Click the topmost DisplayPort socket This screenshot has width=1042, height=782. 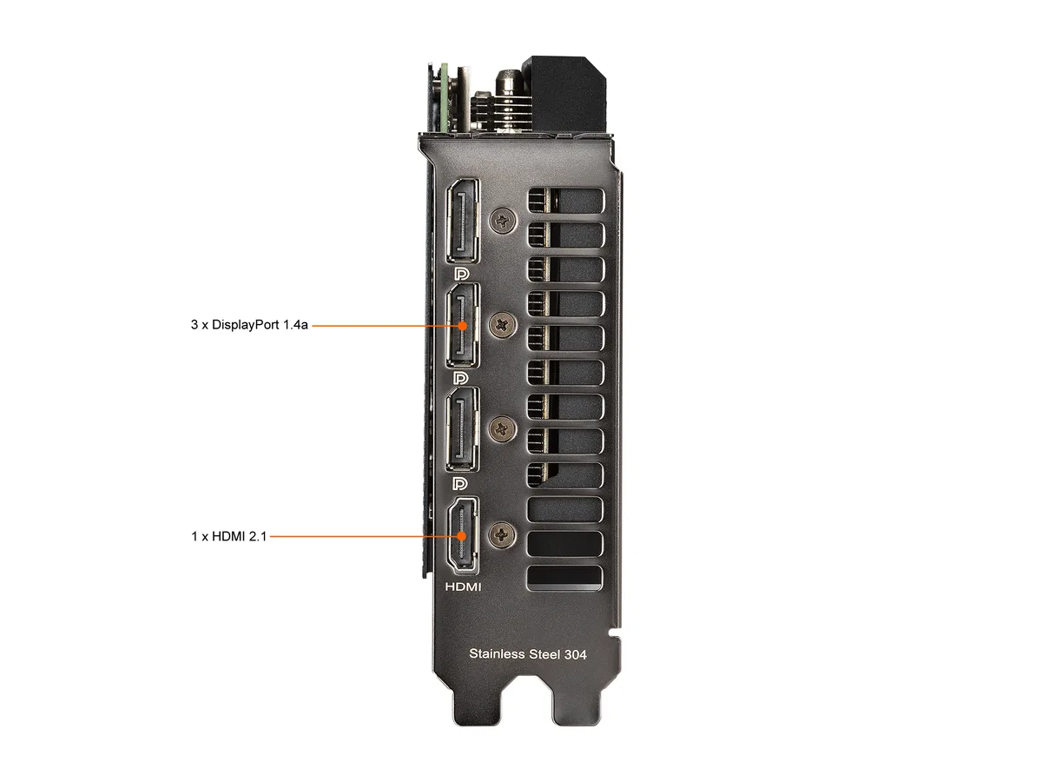point(463,221)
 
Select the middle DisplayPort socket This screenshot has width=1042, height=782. point(463,325)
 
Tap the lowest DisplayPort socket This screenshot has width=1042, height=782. point(462,430)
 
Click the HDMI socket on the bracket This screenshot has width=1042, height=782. point(462,535)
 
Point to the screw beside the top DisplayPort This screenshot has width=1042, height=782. point(503,221)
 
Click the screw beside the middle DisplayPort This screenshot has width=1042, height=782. point(503,325)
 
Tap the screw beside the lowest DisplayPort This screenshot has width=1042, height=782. point(502,430)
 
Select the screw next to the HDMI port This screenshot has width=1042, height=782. point(502,535)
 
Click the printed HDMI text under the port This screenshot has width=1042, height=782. point(463,586)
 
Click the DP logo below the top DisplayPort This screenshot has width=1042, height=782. point(461,274)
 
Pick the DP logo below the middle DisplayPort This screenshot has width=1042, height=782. point(461,378)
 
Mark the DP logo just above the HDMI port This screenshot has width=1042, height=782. point(460,484)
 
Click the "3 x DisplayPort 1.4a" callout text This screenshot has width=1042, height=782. point(249,325)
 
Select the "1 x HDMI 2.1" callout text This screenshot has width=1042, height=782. point(229,536)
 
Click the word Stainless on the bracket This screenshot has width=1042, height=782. point(497,653)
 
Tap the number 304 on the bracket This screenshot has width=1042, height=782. point(576,655)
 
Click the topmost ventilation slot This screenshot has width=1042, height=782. point(566,201)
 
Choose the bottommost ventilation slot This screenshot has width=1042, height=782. point(564,579)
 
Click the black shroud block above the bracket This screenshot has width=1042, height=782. point(564,94)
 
